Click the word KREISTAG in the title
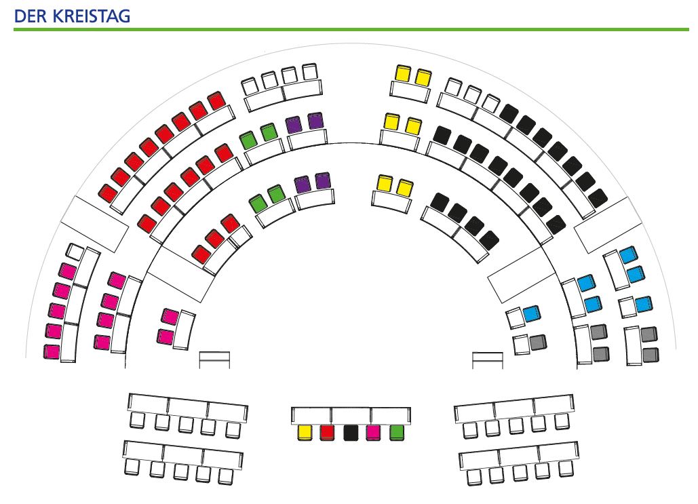point(92,16)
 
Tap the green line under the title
point(351,29)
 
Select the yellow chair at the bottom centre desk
point(305,433)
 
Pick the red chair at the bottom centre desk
point(328,433)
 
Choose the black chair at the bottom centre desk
point(351,433)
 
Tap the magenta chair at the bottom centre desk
point(374,433)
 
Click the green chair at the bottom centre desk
point(397,433)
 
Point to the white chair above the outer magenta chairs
point(75,252)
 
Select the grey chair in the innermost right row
point(538,343)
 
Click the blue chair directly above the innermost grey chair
point(532,313)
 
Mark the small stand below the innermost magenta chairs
point(214,360)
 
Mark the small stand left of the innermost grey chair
point(488,360)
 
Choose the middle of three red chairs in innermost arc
point(214,239)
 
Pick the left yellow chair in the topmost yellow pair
point(403,73)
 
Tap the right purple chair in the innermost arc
point(323,180)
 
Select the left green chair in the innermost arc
point(257,203)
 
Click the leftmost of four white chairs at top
point(250,86)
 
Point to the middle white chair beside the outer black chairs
point(472,94)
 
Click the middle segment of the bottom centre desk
point(351,416)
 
